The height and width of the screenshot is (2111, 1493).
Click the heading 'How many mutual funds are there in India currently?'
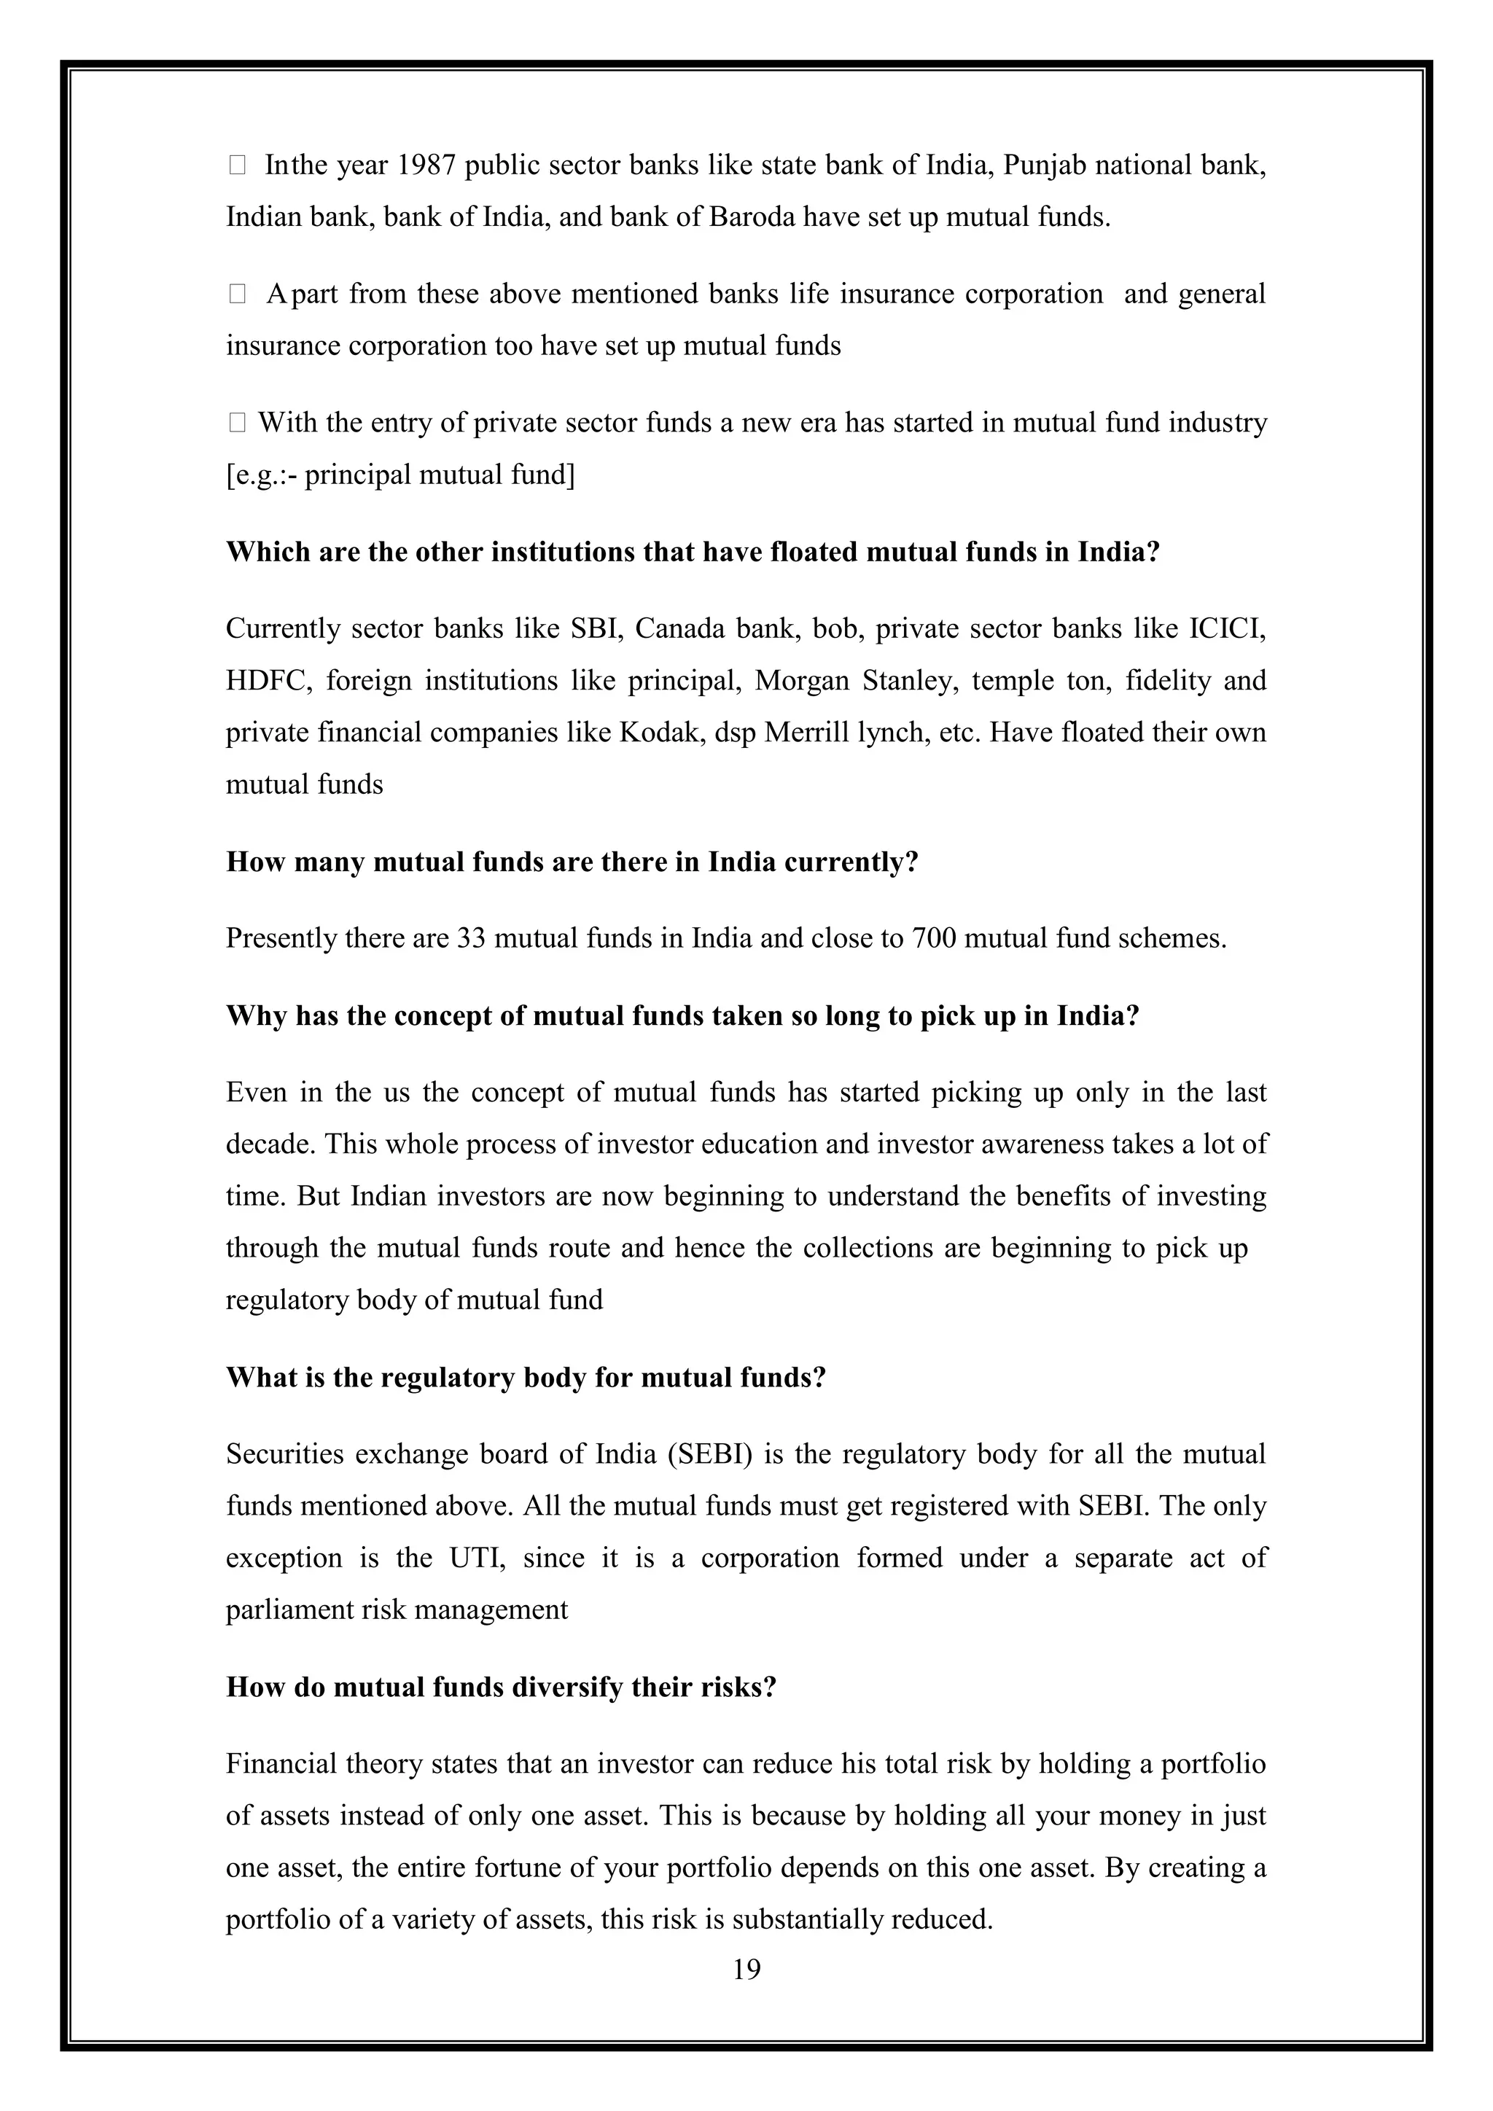572,862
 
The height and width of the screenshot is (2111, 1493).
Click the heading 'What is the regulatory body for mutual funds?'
526,1377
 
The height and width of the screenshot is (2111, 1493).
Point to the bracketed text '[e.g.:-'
261,475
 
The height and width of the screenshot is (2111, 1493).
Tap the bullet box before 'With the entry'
236,423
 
